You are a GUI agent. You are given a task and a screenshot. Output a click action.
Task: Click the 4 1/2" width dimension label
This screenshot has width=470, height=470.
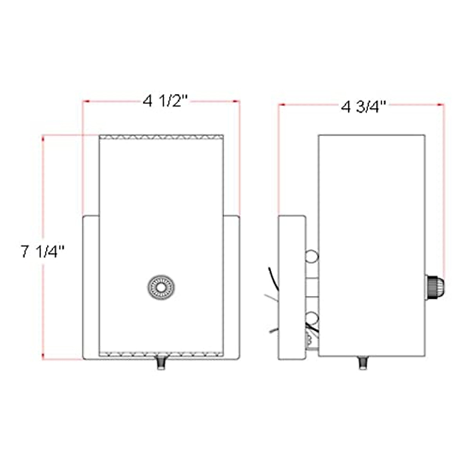166,101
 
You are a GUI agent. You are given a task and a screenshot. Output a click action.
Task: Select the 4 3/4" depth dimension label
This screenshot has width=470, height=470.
364,106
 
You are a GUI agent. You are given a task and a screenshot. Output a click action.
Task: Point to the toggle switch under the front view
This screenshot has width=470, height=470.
161,364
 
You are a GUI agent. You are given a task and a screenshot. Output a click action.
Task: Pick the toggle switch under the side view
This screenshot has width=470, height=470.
363,363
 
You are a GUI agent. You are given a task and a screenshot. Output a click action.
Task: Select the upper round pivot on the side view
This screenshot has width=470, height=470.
312,256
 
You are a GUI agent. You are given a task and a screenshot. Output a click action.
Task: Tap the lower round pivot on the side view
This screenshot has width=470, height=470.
312,317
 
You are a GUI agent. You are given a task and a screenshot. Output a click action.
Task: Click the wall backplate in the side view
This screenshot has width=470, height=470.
292,287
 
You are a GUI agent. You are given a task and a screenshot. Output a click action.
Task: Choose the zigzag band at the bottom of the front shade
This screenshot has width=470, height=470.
161,354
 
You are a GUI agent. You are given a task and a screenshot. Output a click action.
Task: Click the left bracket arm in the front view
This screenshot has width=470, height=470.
91,287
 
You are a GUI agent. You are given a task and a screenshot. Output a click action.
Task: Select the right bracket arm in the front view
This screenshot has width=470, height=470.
231,287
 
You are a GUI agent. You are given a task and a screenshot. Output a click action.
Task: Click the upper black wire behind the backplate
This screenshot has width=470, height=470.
273,279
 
